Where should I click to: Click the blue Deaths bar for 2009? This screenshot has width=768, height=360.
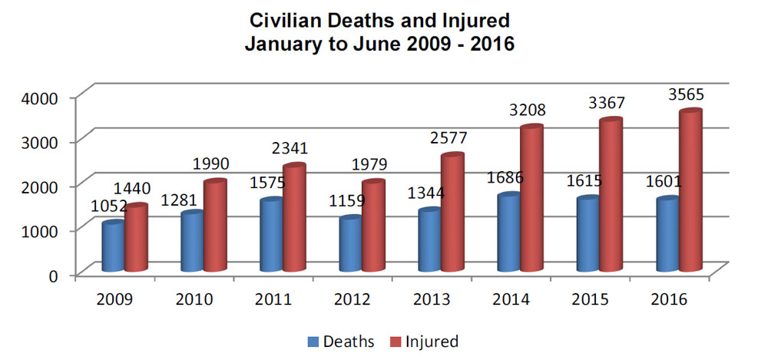pyautogui.click(x=113, y=246)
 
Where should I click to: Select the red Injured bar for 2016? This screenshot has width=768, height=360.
pyautogui.click(x=690, y=192)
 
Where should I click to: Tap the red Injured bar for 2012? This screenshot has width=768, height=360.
pyautogui.click(x=373, y=226)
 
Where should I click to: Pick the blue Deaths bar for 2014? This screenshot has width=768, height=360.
pyautogui.click(x=508, y=233)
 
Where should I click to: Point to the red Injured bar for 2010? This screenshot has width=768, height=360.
pyautogui.click(x=215, y=226)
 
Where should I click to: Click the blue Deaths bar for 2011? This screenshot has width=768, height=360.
pyautogui.click(x=271, y=236)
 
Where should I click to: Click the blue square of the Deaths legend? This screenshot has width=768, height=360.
pyautogui.click(x=313, y=341)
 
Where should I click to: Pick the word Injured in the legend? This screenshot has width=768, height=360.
pyautogui.click(x=432, y=341)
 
